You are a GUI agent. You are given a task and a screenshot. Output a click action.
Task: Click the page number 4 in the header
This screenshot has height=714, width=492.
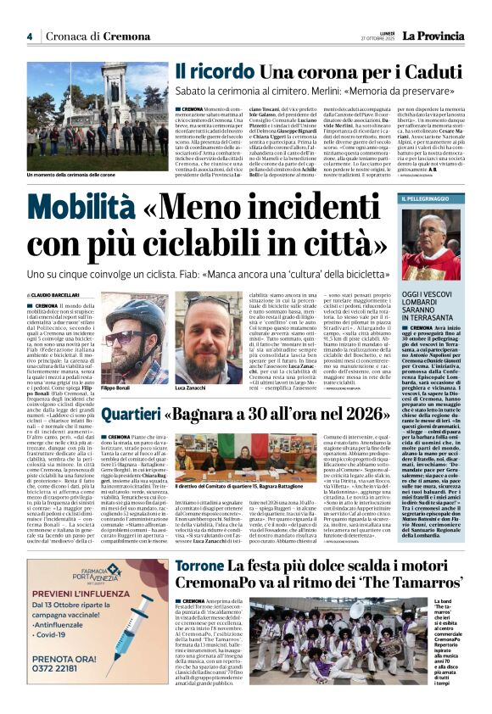(30, 36)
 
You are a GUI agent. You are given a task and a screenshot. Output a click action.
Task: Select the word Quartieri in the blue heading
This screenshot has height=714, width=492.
(129, 414)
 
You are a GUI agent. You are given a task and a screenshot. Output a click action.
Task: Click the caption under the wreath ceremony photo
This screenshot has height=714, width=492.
(76, 174)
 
